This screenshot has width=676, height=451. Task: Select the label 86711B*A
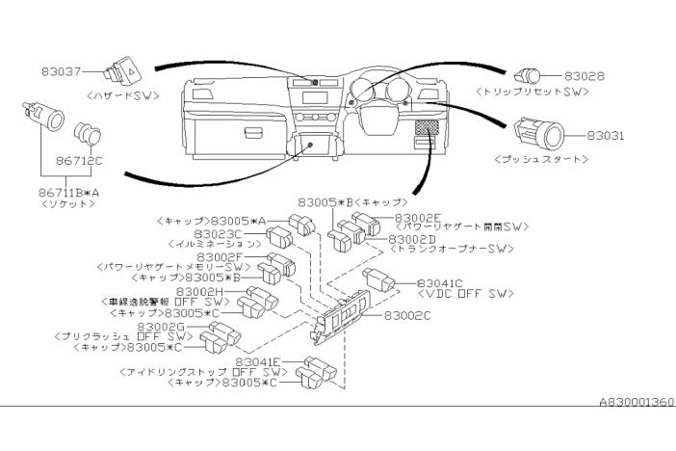(x=64, y=193)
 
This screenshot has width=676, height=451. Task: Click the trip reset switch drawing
(x=532, y=74)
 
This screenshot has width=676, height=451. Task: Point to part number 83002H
(x=199, y=291)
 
